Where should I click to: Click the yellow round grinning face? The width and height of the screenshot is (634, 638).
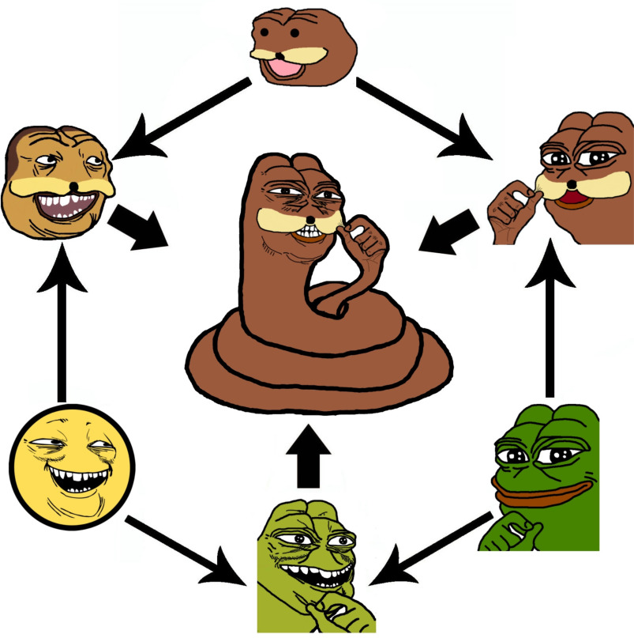pos(71,466)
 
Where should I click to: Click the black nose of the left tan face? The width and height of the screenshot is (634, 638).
pos(73,186)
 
